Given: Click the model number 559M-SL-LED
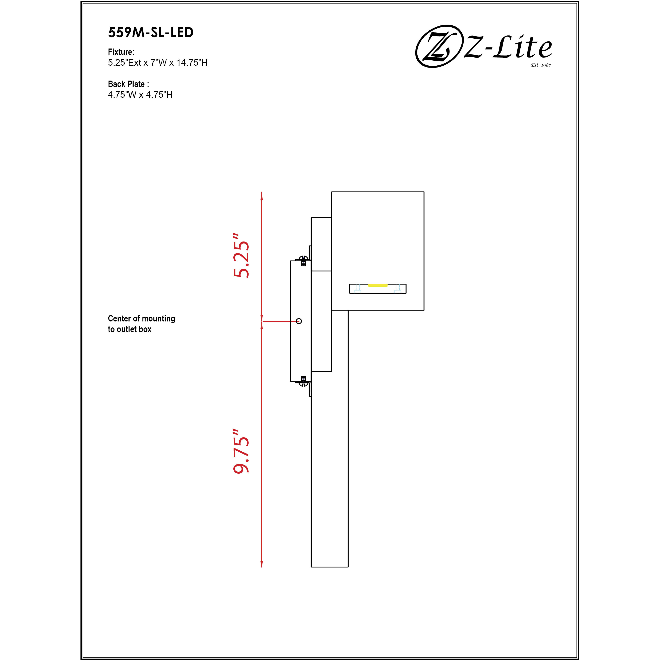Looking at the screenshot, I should point(151,32).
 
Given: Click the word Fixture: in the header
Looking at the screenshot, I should point(121,52).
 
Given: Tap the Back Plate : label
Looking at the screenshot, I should point(128,84).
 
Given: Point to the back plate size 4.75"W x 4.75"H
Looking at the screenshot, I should point(140,95).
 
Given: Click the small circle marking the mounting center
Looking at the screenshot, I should point(299,321).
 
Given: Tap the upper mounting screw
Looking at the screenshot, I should point(303,260).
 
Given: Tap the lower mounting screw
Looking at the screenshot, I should point(303,381).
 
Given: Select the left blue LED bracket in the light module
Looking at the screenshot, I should point(358,289).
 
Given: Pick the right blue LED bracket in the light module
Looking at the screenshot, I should point(398,289).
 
